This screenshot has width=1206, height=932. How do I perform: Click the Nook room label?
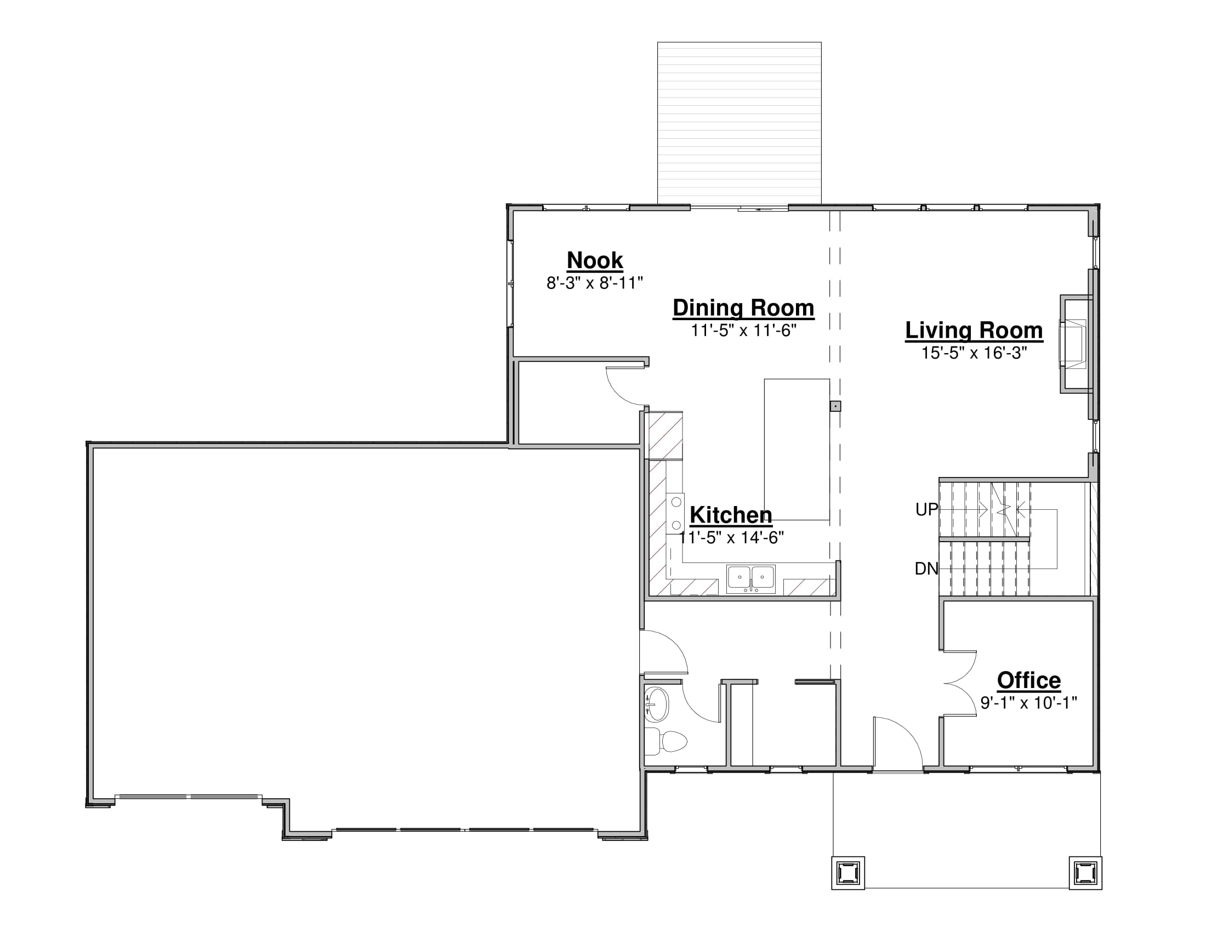(595, 260)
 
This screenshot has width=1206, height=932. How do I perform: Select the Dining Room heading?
(743, 308)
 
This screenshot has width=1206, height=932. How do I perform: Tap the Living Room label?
(974, 330)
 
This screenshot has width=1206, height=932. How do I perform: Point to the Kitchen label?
(731, 515)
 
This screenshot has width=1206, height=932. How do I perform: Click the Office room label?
(1029, 680)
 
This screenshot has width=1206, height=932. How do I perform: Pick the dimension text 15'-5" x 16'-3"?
(974, 353)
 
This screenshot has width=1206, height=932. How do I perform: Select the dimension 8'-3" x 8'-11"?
(595, 283)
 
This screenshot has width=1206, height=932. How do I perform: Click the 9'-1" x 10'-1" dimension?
(1029, 703)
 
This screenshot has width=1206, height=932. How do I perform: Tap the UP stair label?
(926, 510)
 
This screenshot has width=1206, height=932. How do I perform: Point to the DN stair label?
(926, 569)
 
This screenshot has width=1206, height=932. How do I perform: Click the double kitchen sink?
(750, 578)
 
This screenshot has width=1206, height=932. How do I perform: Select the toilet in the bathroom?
(666, 742)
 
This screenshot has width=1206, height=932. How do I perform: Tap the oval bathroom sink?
(657, 704)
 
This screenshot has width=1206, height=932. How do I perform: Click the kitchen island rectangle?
(797, 450)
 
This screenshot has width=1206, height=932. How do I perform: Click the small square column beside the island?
(835, 406)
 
